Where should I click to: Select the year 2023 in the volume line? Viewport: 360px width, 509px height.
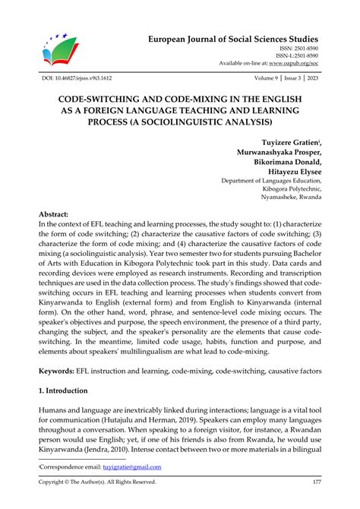312,78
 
